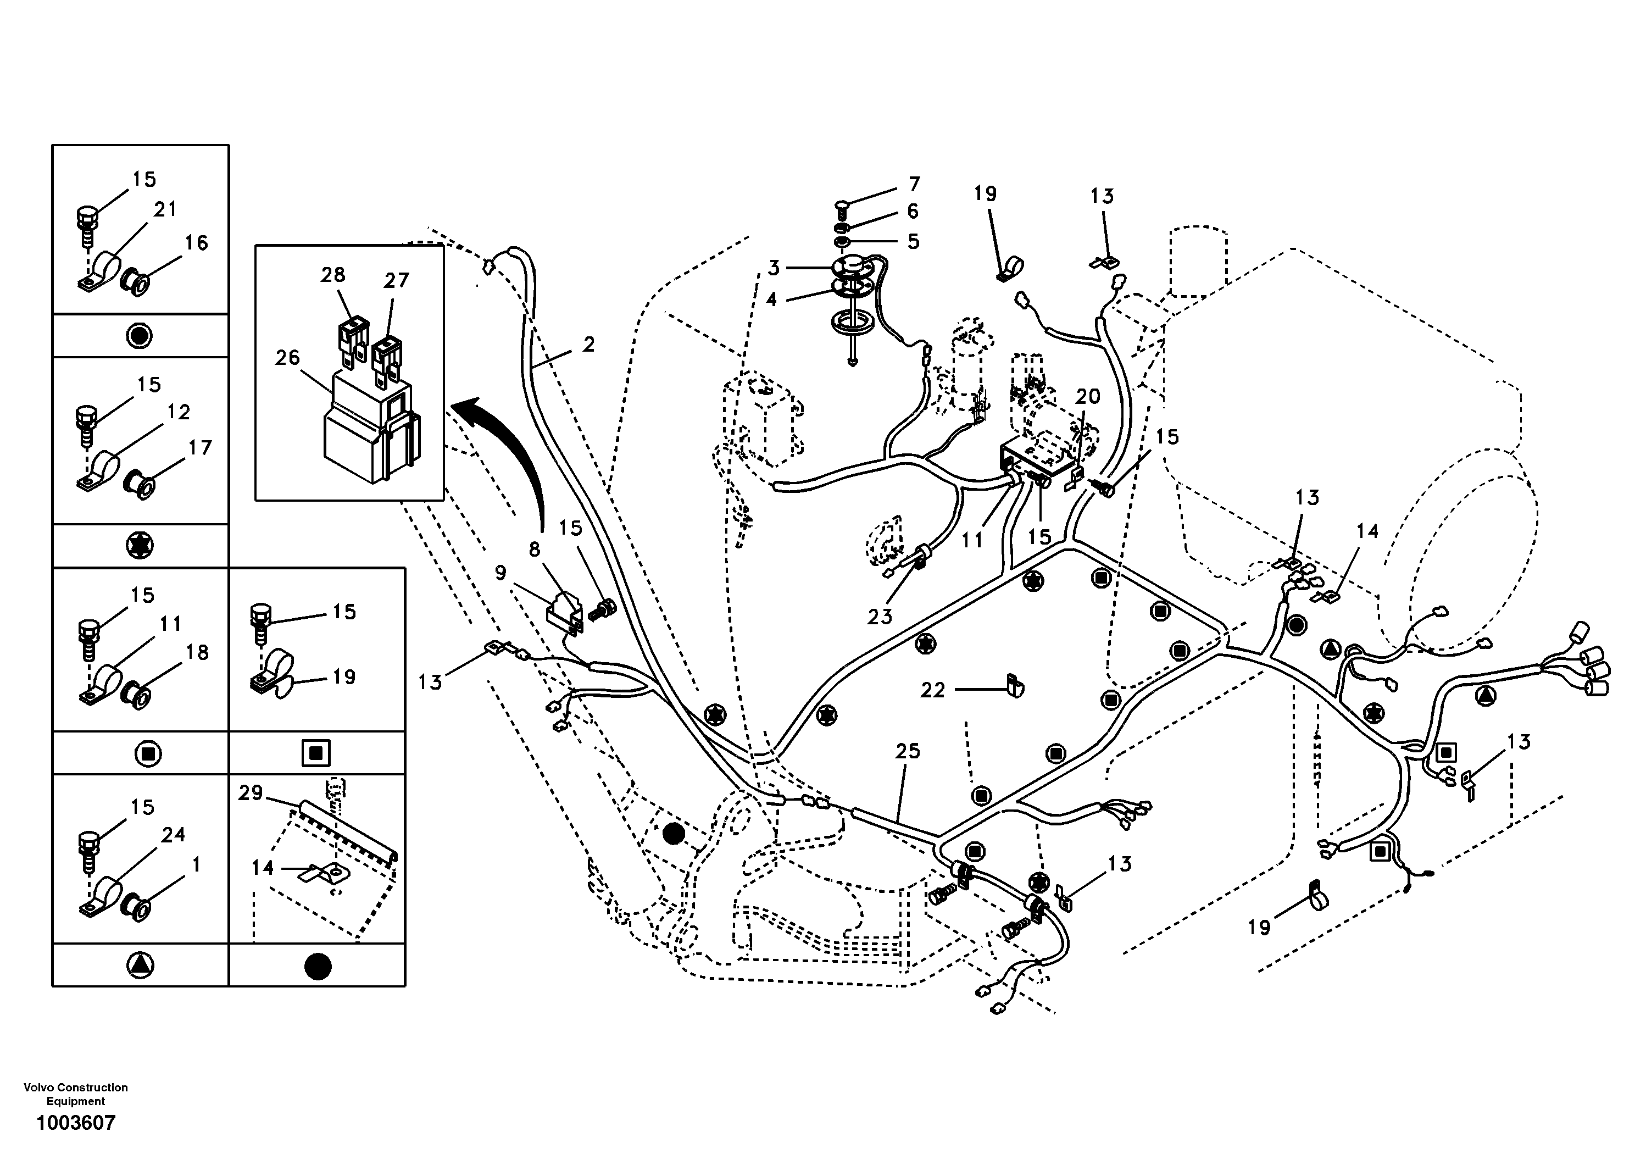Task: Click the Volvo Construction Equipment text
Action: [x=75, y=1094]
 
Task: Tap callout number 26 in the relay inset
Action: [x=288, y=358]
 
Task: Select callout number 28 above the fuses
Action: [x=332, y=275]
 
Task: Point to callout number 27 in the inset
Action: [x=396, y=281]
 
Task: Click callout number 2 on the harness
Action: [x=588, y=345]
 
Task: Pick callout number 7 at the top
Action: [x=914, y=184]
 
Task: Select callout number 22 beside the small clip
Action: [x=932, y=690]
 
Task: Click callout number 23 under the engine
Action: [x=880, y=617]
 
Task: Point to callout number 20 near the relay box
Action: [x=1087, y=397]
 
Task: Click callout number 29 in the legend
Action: [x=251, y=793]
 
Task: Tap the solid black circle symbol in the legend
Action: [x=318, y=966]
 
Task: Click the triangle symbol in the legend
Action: [x=140, y=966]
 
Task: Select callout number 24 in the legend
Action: [x=173, y=835]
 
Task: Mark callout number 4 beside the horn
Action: [x=772, y=300]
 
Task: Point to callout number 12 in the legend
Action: [x=178, y=413]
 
